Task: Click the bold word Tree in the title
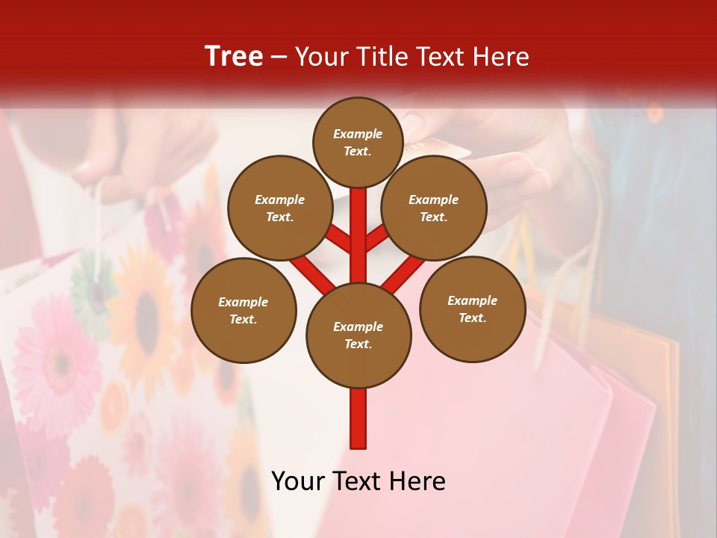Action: (234, 56)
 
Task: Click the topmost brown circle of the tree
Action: (358, 142)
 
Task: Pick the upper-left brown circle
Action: (280, 208)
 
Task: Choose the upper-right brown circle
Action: (434, 208)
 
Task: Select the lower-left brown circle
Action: (243, 310)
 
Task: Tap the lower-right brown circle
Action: (472, 309)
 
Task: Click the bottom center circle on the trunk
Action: (358, 335)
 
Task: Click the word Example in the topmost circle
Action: (358, 134)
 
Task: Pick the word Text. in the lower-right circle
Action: (472, 318)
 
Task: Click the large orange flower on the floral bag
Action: (146, 306)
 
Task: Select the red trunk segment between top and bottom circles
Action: (358, 239)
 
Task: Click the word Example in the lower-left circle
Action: (243, 302)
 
